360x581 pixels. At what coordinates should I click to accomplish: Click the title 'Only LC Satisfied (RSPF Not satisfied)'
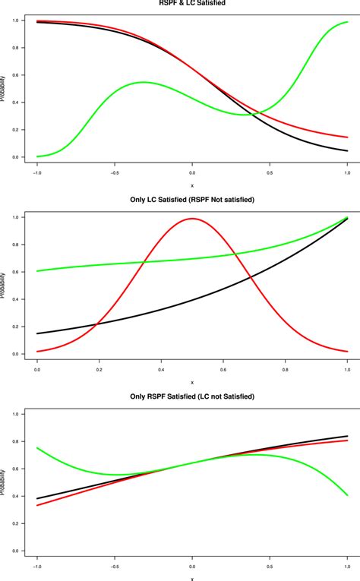(x=191, y=200)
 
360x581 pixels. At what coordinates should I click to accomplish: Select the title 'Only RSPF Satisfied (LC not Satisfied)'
(x=191, y=396)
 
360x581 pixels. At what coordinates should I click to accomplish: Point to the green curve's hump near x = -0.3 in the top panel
(x=144, y=82)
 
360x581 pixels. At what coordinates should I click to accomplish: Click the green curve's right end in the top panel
(x=347, y=22)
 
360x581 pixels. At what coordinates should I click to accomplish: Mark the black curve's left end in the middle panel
(x=37, y=333)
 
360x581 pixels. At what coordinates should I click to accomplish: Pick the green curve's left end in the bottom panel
(x=37, y=447)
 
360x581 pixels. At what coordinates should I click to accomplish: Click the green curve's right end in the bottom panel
(x=347, y=495)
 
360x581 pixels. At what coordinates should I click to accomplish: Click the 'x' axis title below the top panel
(x=192, y=185)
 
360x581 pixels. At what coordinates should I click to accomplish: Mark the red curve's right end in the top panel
(x=347, y=137)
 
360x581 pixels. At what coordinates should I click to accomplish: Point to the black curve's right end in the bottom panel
(x=347, y=436)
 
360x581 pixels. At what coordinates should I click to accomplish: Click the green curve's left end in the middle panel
(x=37, y=271)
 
